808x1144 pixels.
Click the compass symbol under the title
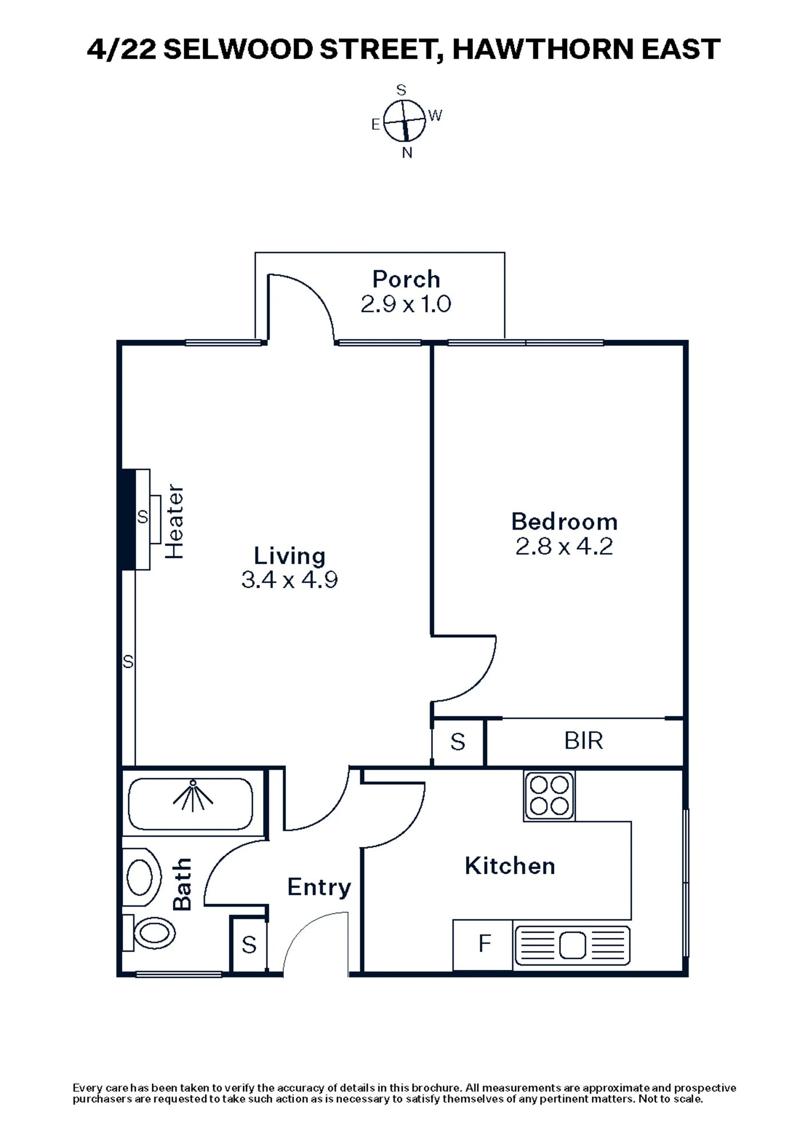coord(404,121)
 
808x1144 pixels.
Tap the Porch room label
coord(406,279)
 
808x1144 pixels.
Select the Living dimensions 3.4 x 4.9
coord(289,580)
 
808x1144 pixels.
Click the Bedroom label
coord(564,522)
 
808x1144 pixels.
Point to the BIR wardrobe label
coord(583,741)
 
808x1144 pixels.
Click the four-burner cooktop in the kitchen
coord(549,795)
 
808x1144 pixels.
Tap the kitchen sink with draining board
coord(572,945)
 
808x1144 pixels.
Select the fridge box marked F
coord(484,944)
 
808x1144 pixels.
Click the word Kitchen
coord(510,866)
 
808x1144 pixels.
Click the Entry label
coord(319,887)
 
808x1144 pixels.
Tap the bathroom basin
coord(141,877)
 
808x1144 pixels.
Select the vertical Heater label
coord(174,522)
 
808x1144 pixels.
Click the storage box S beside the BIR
coord(457,742)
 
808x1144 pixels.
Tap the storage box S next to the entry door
coord(249,944)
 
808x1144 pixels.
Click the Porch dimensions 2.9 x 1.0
coord(406,304)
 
